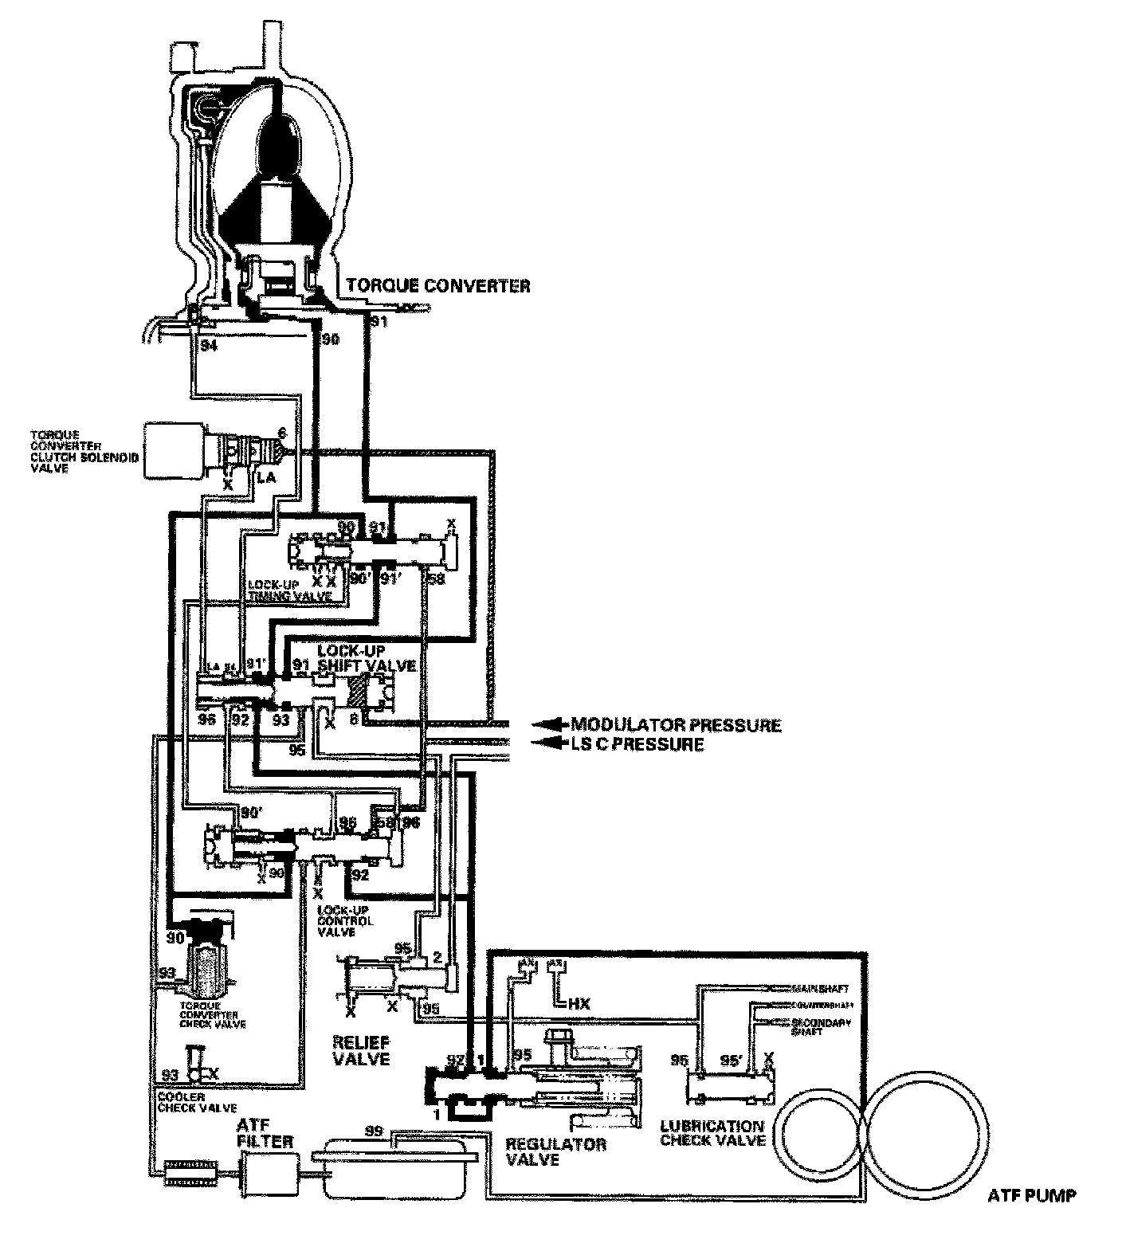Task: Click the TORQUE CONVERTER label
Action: (437, 286)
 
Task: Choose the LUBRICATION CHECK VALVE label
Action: (712, 1133)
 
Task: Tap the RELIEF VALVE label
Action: (361, 1050)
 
